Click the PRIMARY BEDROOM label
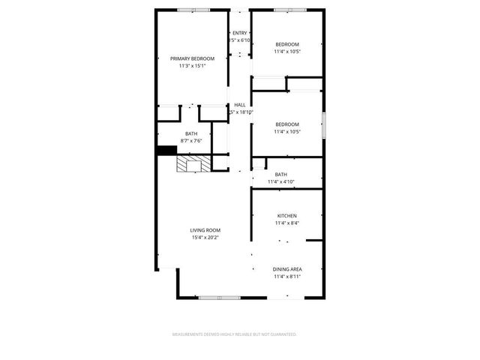(x=192, y=58)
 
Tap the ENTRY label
(x=239, y=33)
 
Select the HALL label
(x=240, y=105)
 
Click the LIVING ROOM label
(x=205, y=230)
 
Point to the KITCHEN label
(x=287, y=215)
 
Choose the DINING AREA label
(x=287, y=268)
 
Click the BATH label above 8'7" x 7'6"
(x=192, y=134)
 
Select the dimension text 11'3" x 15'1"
(x=192, y=66)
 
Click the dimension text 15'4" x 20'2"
(x=205, y=238)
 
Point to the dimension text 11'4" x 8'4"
(x=287, y=223)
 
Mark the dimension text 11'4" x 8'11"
(x=287, y=276)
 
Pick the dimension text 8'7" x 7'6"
(x=192, y=141)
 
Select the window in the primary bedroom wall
(x=193, y=10)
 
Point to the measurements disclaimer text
(x=235, y=334)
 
